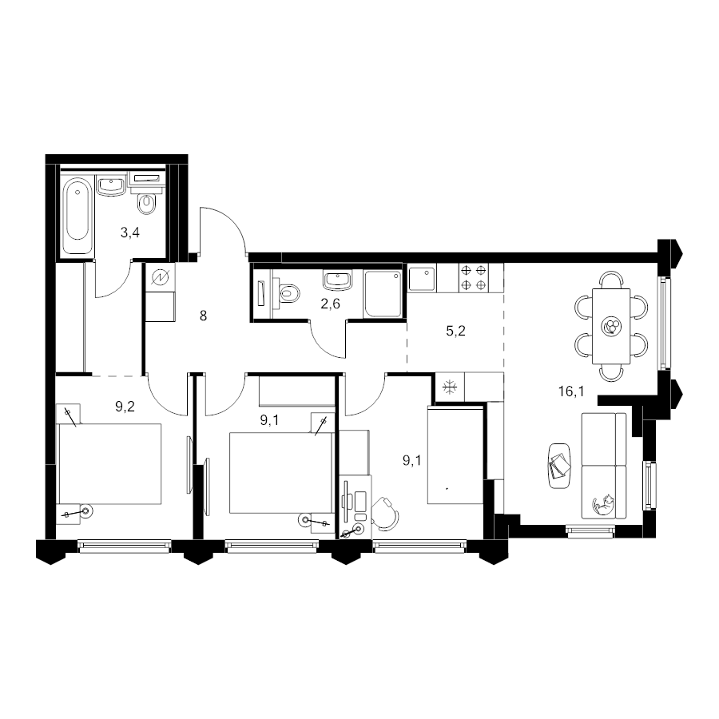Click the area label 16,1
point(571,391)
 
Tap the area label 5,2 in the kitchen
point(455,331)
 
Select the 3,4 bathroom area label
point(129,233)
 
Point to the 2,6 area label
point(330,304)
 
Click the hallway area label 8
point(203,316)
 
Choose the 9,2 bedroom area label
point(125,407)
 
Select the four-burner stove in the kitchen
point(474,278)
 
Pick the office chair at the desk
point(385,514)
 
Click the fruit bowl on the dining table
point(611,327)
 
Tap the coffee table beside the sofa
point(559,467)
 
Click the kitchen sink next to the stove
point(422,278)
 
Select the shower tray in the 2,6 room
point(383,293)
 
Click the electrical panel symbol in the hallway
point(161,277)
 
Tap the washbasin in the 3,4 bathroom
point(111,185)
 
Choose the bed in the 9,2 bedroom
point(109,463)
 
